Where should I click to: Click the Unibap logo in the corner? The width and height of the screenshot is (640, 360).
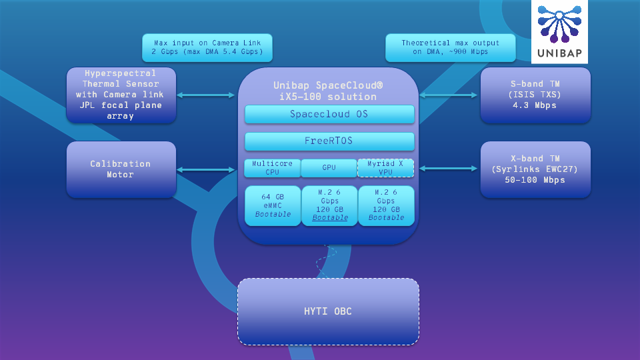tap(559, 32)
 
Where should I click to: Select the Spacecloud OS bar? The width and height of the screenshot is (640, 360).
tap(329, 114)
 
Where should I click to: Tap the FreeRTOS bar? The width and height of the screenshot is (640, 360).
tap(329, 141)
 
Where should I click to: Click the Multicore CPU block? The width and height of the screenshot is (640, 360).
tap(272, 168)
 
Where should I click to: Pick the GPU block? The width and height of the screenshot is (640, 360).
tap(329, 168)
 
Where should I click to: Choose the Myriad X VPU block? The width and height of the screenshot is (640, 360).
tap(386, 168)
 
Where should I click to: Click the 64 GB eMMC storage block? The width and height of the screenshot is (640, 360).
tap(273, 206)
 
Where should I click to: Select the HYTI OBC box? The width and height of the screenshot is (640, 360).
tap(328, 311)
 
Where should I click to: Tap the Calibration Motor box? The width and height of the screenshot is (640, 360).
tap(121, 169)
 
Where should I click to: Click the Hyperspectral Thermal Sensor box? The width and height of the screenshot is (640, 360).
tap(121, 95)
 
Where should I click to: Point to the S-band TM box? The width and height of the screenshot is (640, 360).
tap(535, 95)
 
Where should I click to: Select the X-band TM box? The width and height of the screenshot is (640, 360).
tap(535, 169)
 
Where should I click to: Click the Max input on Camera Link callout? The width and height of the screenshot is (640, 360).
tap(207, 47)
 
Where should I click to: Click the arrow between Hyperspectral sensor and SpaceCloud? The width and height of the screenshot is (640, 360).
tap(207, 95)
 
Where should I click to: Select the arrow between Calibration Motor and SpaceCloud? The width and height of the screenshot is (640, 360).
tap(207, 169)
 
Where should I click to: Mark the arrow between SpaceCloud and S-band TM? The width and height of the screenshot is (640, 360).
tap(449, 95)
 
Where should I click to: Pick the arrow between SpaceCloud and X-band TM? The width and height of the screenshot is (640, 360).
tap(449, 169)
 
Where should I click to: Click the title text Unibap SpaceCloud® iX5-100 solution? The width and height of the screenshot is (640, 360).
tap(328, 91)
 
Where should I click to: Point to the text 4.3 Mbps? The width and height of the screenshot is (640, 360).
tap(535, 105)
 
